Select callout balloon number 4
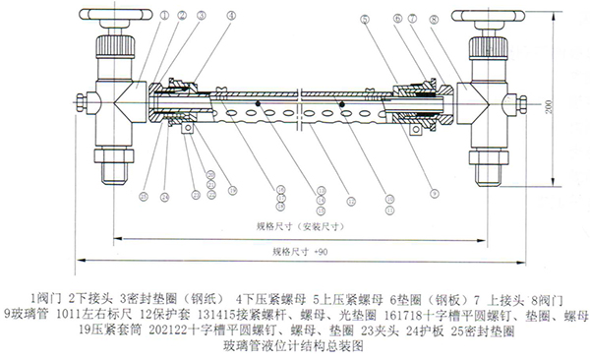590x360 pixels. tap(231, 15)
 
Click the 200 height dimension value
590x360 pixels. tap(550, 104)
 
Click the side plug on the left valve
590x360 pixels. tap(84, 101)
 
